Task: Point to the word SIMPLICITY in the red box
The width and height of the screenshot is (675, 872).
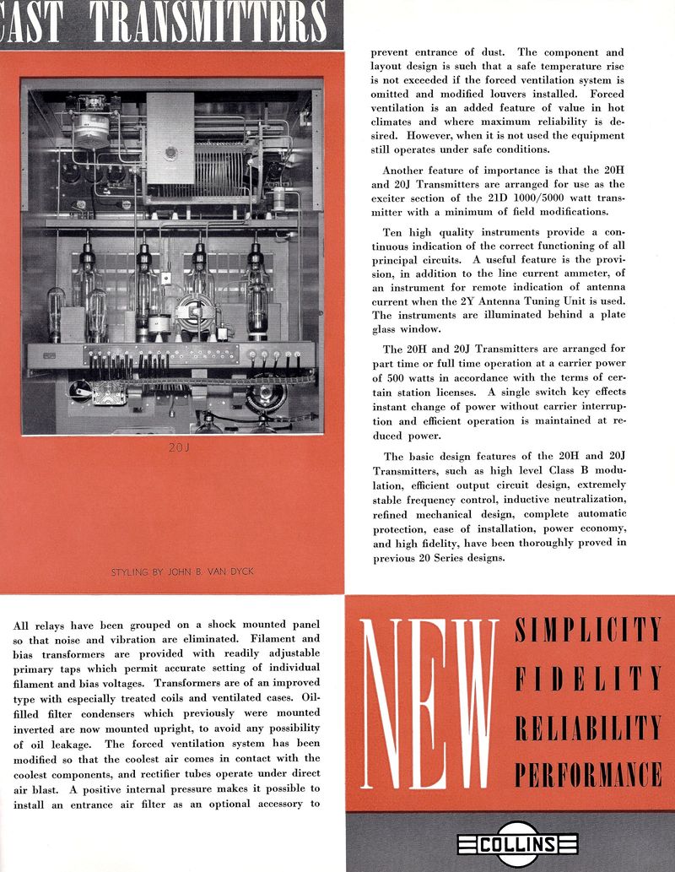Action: click(x=587, y=630)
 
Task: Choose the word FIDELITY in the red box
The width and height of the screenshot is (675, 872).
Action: click(x=587, y=677)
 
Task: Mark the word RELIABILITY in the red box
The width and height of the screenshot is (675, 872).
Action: click(x=587, y=725)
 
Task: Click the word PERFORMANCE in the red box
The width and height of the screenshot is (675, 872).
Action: click(x=587, y=772)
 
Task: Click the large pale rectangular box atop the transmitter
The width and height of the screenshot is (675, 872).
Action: click(x=170, y=137)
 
